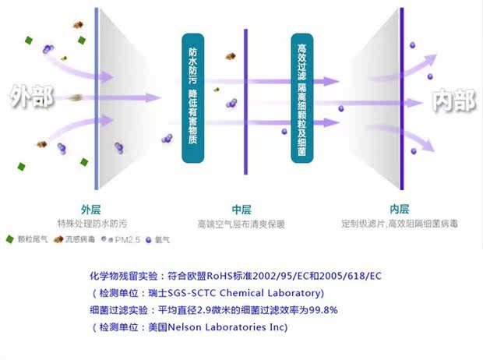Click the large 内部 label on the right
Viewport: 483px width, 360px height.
(x=453, y=100)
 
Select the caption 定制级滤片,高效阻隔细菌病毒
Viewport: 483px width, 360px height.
(x=400, y=224)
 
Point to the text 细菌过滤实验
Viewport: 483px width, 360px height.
(x=117, y=310)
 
